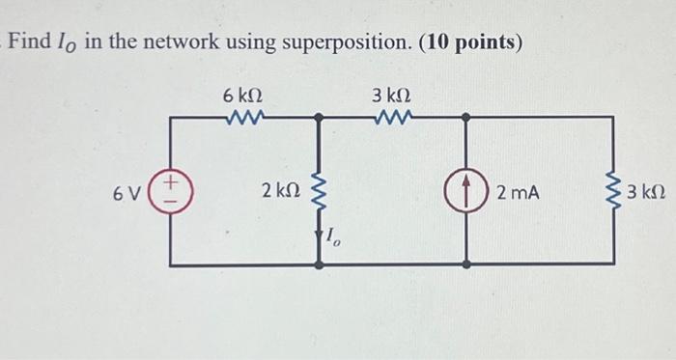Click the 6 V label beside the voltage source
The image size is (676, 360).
click(x=126, y=193)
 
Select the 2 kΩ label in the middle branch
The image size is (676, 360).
click(x=281, y=192)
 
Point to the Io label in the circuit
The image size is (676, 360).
click(x=332, y=236)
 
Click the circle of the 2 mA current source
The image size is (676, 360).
click(x=466, y=192)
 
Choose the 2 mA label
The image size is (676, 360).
click(x=518, y=193)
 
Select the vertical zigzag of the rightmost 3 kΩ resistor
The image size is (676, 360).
click(x=613, y=192)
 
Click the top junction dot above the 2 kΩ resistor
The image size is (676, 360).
click(x=320, y=118)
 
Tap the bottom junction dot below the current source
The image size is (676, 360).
click(x=466, y=263)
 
